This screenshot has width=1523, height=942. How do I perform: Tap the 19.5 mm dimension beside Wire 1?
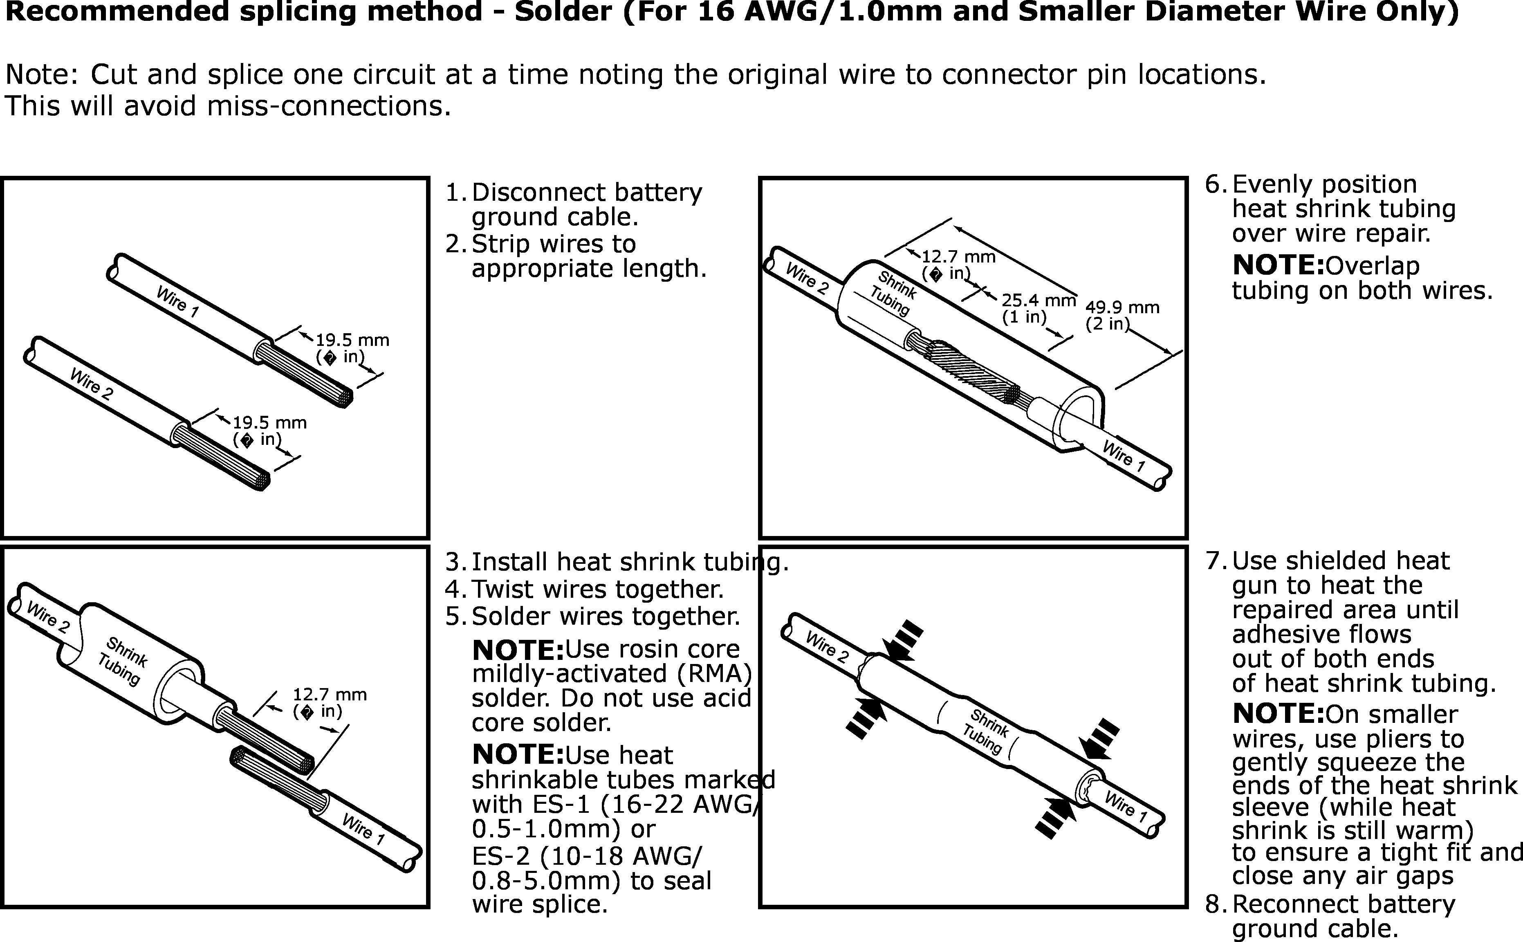click(352, 340)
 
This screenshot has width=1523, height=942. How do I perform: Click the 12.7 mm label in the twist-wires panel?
click(330, 695)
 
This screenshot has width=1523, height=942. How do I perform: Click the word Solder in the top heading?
click(563, 12)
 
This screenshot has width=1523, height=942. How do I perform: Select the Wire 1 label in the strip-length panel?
click(177, 302)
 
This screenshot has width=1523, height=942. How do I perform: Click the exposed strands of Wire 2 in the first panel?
click(221, 458)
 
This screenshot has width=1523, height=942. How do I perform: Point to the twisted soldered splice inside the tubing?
click(972, 371)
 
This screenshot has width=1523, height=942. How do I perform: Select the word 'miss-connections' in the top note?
click(328, 106)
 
